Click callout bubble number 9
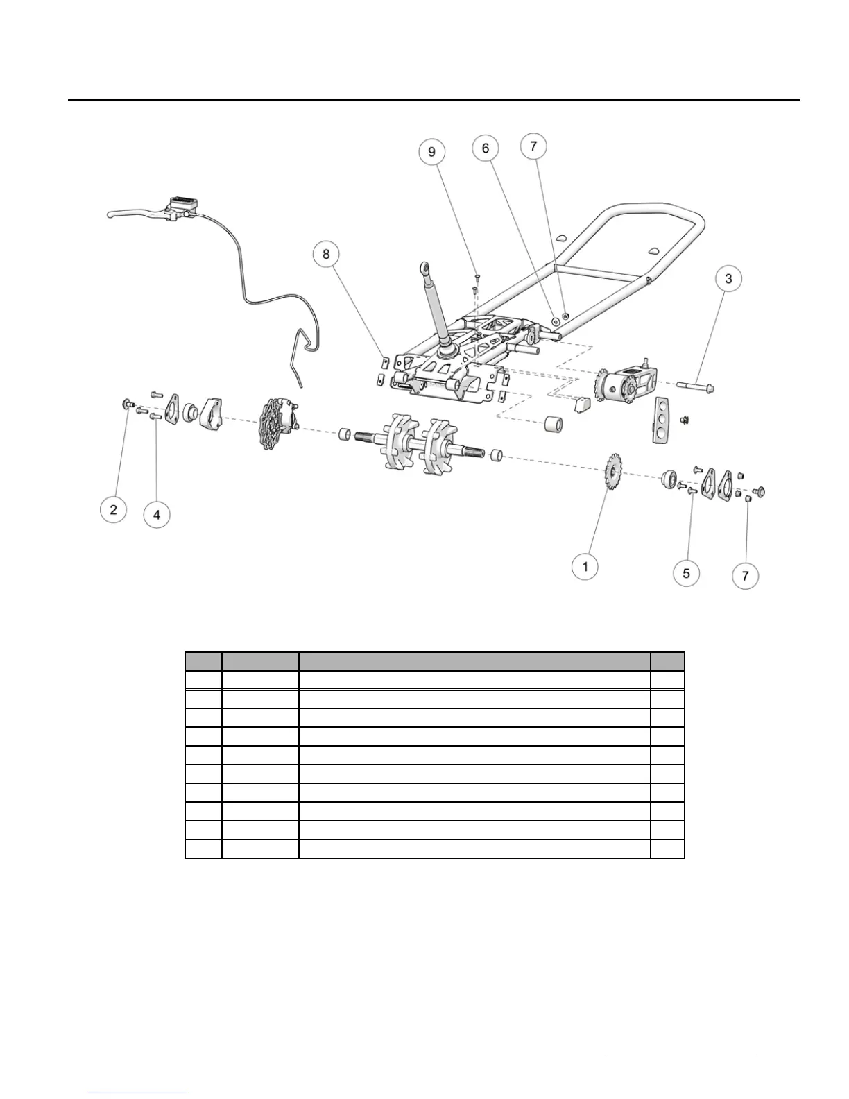point(432,152)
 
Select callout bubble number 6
point(486,148)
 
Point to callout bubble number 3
point(728,279)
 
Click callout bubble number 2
point(113,510)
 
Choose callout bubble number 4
point(157,514)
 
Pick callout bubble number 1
point(585,567)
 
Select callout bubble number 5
point(687,573)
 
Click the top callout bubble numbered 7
point(533,146)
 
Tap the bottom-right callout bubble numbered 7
point(746,576)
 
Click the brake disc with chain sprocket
point(278,423)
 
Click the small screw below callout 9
point(477,280)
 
